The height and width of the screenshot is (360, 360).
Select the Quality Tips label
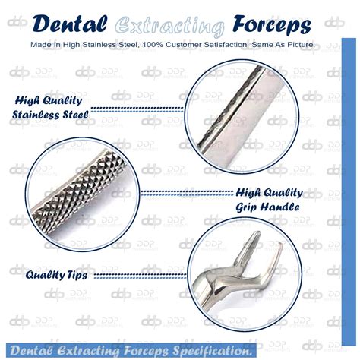pos(56,273)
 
